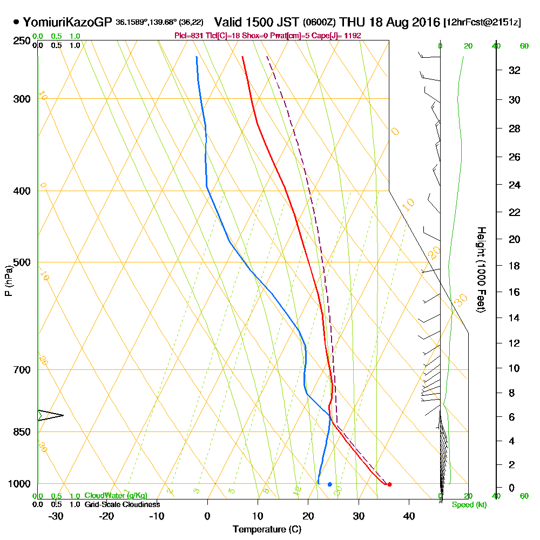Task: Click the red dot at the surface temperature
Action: coord(389,484)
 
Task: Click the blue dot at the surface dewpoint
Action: coord(329,484)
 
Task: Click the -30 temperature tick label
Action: coord(56,516)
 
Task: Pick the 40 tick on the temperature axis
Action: coord(409,516)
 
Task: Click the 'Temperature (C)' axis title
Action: coord(267,530)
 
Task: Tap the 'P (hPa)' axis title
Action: coord(8,281)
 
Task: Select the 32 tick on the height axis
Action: coord(515,70)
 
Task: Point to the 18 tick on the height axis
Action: coord(515,266)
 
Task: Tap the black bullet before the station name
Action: coord(16,23)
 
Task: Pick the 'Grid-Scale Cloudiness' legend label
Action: coord(122,504)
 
